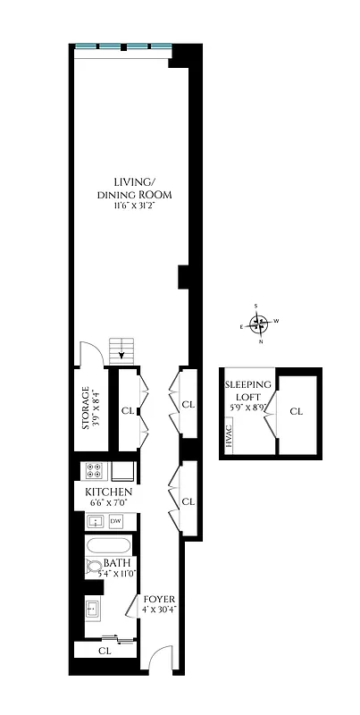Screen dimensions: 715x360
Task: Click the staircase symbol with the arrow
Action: tap(120, 349)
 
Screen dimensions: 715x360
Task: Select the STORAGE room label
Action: tap(86, 408)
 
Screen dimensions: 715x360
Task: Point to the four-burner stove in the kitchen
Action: tap(96, 470)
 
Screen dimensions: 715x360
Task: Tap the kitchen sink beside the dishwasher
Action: tap(95, 521)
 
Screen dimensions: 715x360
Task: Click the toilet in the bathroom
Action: tap(95, 566)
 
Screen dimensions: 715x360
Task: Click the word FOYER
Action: tap(157, 599)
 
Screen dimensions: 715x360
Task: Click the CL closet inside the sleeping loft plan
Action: tap(296, 412)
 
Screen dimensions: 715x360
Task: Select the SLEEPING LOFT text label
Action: tap(242, 392)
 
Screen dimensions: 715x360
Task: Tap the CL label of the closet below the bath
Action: tap(105, 652)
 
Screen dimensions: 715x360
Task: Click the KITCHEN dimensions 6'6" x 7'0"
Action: tap(109, 504)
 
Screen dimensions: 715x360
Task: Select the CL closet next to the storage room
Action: tap(127, 412)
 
